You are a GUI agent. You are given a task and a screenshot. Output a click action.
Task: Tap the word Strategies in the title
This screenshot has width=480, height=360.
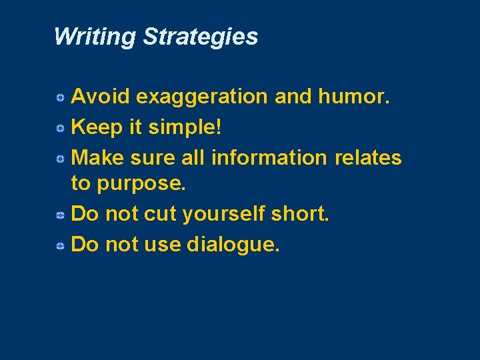click(200, 37)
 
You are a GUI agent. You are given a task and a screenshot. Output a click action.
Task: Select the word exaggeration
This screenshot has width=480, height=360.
click(203, 97)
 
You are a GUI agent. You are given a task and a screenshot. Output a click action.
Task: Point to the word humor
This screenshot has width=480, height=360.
click(354, 97)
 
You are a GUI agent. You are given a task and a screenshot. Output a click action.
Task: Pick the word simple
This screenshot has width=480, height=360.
click(183, 127)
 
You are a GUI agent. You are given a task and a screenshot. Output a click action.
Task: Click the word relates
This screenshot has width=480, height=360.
click(368, 157)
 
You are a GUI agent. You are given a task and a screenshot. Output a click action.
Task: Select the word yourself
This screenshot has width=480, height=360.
click(223, 215)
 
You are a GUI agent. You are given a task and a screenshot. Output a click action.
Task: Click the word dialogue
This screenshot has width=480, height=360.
click(233, 245)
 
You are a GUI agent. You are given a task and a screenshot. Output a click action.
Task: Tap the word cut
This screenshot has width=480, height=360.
click(163, 215)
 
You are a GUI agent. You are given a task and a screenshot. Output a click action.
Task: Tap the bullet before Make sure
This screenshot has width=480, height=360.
click(59, 158)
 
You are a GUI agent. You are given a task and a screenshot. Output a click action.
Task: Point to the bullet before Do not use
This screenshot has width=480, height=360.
click(59, 246)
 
